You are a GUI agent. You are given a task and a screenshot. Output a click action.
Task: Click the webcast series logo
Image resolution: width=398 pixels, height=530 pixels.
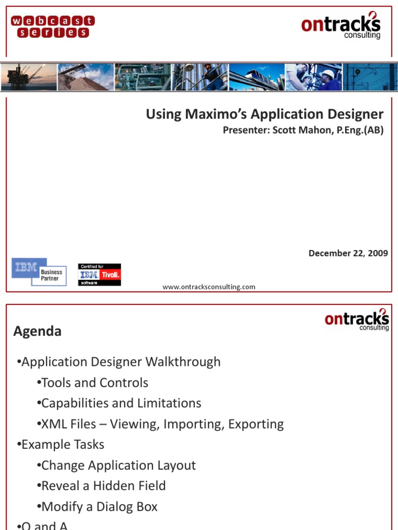point(53,26)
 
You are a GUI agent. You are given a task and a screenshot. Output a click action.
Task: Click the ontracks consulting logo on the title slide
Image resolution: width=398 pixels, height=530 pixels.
point(341,26)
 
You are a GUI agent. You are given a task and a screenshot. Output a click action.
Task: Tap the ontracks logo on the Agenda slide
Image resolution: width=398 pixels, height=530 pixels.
point(357,319)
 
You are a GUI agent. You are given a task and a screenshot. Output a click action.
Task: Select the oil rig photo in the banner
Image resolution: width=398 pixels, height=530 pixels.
point(29,77)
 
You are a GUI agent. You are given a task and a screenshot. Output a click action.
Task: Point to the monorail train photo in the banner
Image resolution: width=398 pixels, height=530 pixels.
point(257,77)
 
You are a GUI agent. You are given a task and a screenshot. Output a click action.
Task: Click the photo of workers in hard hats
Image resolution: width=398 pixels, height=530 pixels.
point(314,77)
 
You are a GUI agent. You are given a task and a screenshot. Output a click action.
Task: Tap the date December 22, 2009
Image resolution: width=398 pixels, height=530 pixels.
point(348,253)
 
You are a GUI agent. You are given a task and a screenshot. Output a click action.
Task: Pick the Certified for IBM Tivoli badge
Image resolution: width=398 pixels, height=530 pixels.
point(99,274)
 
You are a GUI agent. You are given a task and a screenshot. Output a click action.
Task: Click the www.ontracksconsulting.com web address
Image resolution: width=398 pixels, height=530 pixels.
point(209,287)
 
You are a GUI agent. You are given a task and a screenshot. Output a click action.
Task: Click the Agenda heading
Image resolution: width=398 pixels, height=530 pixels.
point(37,331)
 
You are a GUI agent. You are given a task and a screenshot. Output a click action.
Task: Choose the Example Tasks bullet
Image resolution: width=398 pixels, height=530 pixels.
point(62,445)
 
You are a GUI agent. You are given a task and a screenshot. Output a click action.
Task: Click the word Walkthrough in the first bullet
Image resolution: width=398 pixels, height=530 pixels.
point(183,362)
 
